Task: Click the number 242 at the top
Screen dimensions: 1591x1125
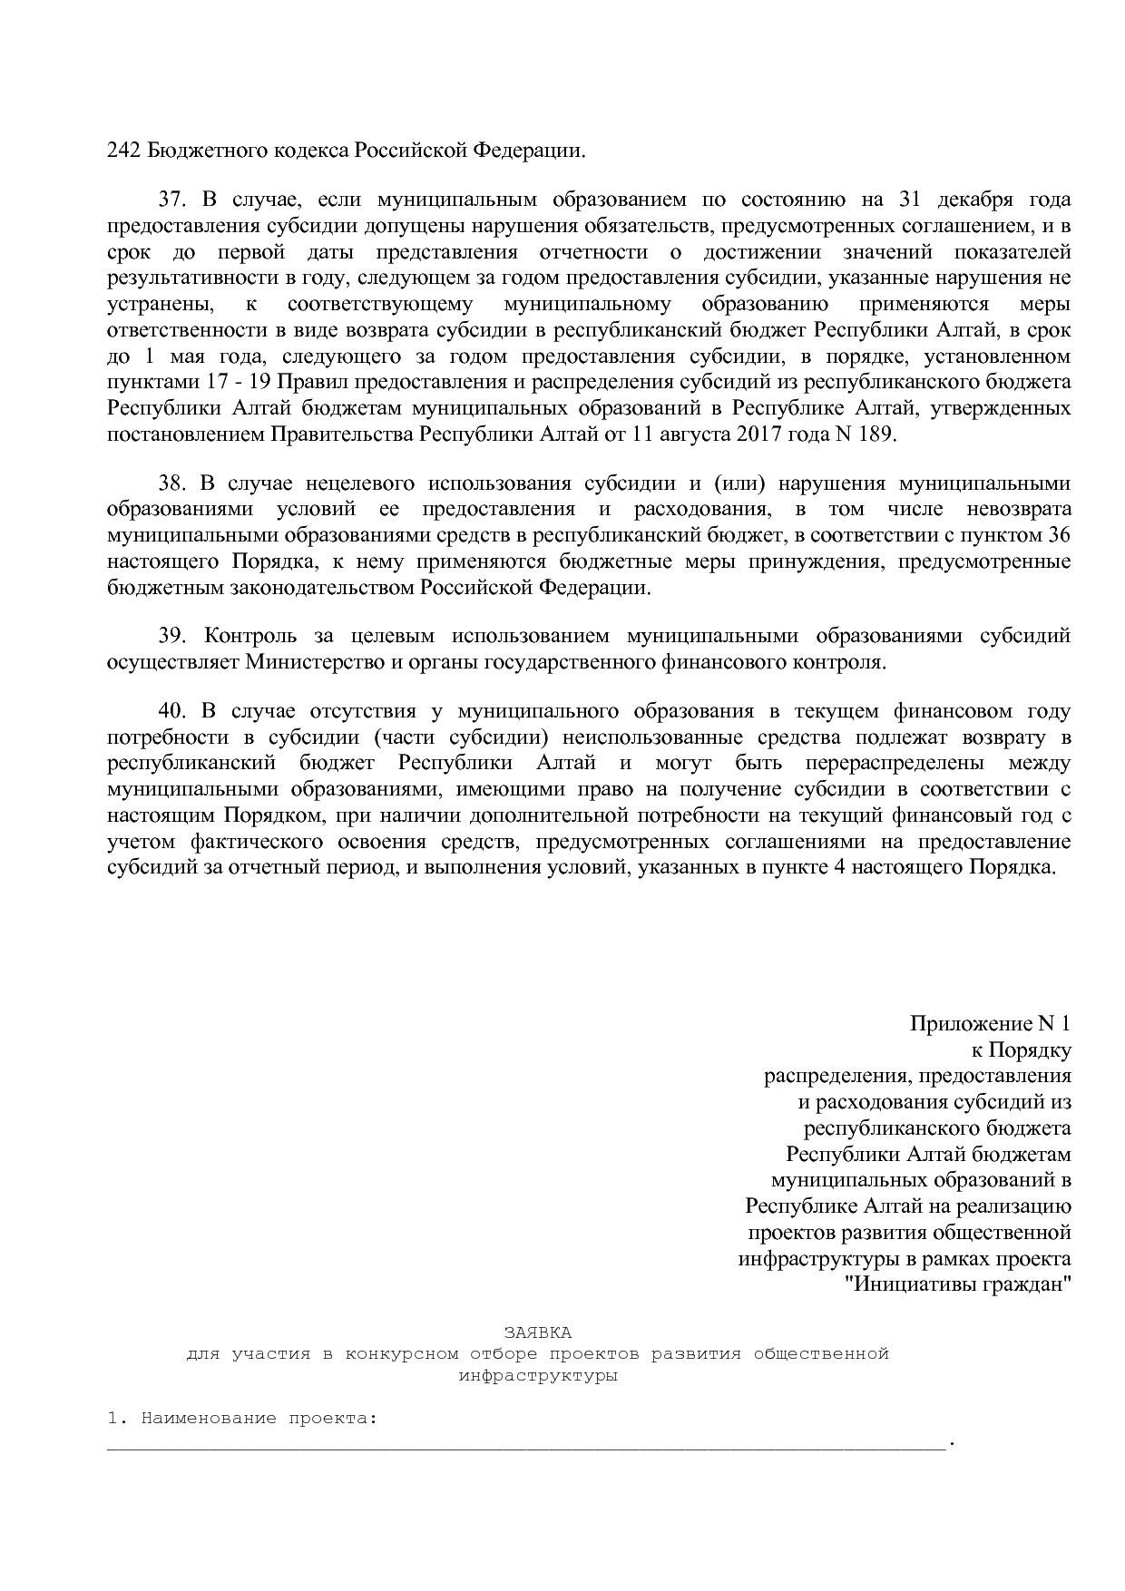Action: point(122,150)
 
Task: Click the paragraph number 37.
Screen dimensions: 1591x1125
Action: point(171,200)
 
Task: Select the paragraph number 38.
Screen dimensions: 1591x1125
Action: point(171,483)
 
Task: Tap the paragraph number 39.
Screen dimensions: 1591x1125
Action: point(171,636)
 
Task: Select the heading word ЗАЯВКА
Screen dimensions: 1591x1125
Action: point(538,1332)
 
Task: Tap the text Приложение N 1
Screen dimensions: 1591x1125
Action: point(990,1024)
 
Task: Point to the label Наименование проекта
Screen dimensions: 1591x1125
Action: point(258,1419)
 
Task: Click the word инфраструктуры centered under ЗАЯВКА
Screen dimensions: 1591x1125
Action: point(538,1376)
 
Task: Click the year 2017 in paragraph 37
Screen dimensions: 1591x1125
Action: point(759,434)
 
